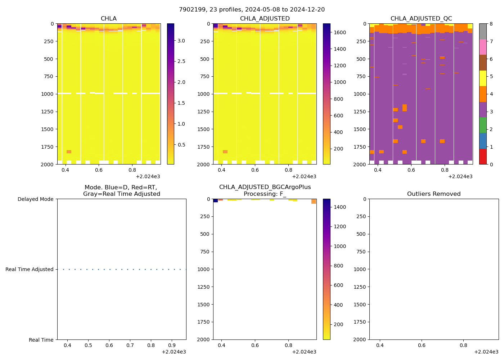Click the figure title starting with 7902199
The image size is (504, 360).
click(x=252, y=9)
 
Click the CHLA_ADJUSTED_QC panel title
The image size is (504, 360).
click(x=421, y=19)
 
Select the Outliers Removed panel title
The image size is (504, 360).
click(x=434, y=194)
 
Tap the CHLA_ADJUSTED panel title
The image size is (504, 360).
click(x=265, y=19)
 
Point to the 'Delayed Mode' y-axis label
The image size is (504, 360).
click(x=35, y=199)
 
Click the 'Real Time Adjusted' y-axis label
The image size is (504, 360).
click(x=30, y=269)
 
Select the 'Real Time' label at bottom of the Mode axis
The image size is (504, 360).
click(x=41, y=340)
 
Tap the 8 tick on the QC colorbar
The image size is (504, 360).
click(x=491, y=24)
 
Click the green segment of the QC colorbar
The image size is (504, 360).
click(x=483, y=125)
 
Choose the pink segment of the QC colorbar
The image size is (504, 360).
click(x=483, y=47)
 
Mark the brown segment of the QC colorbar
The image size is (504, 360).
click(x=483, y=63)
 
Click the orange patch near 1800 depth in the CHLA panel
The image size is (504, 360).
click(x=69, y=152)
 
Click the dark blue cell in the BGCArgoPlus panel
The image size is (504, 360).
click(x=215, y=201)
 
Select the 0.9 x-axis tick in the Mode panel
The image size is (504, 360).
click(x=172, y=346)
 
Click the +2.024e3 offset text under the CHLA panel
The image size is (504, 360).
click(x=148, y=176)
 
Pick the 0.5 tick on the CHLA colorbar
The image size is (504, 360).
click(x=181, y=145)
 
